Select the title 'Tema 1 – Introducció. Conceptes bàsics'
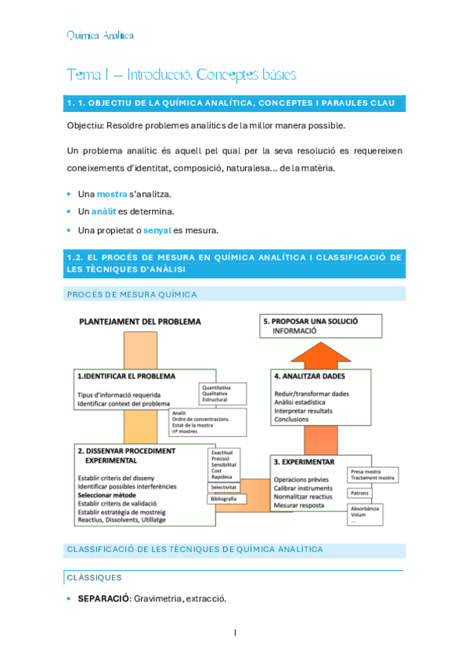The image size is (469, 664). pyautogui.click(x=181, y=74)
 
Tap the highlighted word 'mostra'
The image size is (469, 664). pyautogui.click(x=112, y=193)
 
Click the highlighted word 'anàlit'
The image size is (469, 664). pyautogui.click(x=103, y=211)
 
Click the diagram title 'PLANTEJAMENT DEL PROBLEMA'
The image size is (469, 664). pyautogui.click(x=139, y=322)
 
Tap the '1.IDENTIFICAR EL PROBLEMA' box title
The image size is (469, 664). pyautogui.click(x=126, y=376)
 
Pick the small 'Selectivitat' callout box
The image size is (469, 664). pyautogui.click(x=225, y=487)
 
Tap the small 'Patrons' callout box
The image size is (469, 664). pyautogui.click(x=360, y=493)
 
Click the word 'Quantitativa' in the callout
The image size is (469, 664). pyautogui.click(x=217, y=388)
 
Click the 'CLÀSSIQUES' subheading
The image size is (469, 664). pyautogui.click(x=93, y=578)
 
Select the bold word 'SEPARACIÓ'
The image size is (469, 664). pyautogui.click(x=103, y=599)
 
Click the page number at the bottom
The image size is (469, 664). pyautogui.click(x=234, y=633)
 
